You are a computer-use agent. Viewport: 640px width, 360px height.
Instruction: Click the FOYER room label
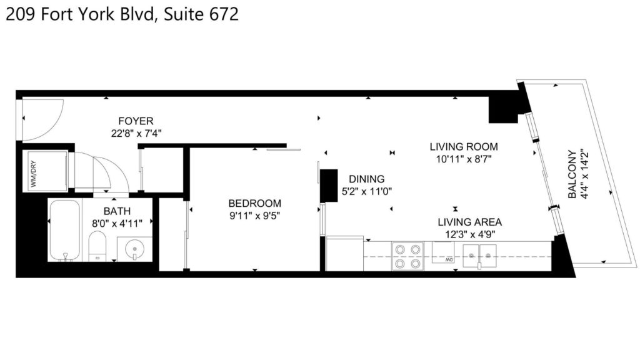136,121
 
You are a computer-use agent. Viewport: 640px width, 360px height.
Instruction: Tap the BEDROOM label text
255,203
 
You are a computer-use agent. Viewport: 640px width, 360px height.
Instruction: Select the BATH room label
117,211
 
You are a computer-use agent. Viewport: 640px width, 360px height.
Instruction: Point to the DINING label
366,179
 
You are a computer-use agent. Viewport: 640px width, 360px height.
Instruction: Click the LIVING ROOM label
464,146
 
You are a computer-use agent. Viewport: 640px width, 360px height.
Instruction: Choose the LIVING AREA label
470,222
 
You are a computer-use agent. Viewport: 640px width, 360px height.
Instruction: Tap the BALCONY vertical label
572,174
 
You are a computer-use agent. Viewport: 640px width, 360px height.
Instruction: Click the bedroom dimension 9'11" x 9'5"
255,216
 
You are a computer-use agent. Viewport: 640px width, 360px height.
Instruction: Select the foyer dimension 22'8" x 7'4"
136,134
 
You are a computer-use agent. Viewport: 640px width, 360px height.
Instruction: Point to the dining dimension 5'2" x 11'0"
366,191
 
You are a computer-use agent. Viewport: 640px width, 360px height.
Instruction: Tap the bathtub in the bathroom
64,230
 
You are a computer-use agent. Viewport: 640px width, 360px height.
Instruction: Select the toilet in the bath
97,246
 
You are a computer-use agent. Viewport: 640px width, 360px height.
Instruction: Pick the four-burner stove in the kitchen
407,256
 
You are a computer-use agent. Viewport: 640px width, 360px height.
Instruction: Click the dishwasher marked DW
443,252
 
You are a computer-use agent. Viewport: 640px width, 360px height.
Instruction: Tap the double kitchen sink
479,256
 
